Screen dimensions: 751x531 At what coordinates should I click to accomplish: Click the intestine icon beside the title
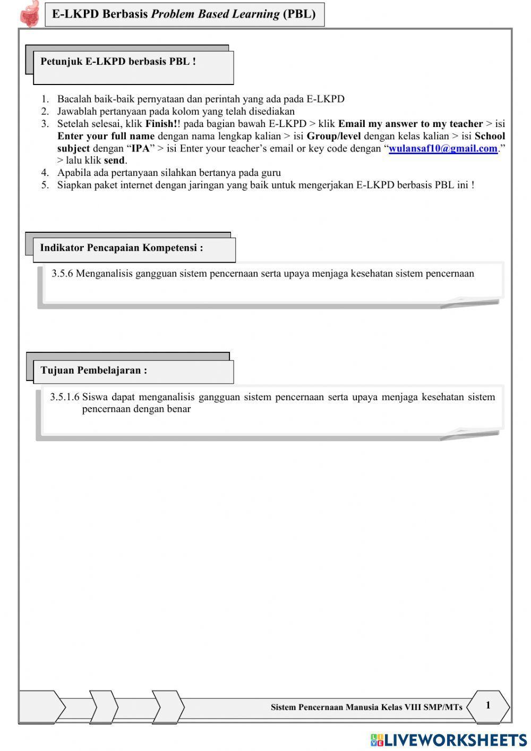click(30, 14)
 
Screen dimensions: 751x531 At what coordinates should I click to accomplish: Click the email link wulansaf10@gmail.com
click(443, 149)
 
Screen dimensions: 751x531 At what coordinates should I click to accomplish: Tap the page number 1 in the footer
click(488, 705)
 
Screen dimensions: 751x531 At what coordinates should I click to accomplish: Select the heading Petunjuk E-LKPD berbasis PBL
click(118, 62)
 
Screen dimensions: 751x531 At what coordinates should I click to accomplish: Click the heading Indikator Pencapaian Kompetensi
click(122, 248)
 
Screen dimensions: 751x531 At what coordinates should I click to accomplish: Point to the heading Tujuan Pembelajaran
click(94, 370)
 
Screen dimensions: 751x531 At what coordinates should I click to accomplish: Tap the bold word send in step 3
click(114, 161)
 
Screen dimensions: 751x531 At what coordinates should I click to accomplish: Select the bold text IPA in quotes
click(141, 149)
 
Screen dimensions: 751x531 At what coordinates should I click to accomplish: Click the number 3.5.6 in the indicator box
click(62, 274)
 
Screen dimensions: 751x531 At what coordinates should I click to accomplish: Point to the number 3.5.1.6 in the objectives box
click(65, 397)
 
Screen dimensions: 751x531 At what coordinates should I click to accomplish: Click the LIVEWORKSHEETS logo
click(449, 739)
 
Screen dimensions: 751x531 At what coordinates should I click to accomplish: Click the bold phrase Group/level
click(333, 136)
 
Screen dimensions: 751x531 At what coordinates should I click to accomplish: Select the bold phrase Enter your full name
click(106, 136)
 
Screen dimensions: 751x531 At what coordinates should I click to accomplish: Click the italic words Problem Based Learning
click(215, 14)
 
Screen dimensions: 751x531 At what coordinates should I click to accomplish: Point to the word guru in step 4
click(271, 173)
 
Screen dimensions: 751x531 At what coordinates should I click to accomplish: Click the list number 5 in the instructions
click(45, 185)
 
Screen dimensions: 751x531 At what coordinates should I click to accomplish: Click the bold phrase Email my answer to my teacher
click(410, 124)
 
